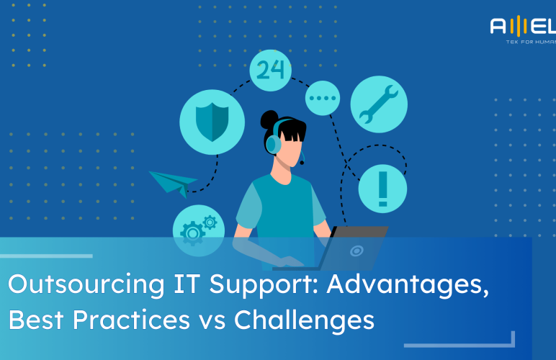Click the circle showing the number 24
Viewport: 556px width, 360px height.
pyautogui.click(x=271, y=70)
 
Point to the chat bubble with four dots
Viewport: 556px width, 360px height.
pyautogui.click(x=323, y=97)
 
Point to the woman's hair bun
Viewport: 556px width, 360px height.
pyautogui.click(x=269, y=118)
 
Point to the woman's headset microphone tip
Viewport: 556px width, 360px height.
pyautogui.click(x=302, y=163)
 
